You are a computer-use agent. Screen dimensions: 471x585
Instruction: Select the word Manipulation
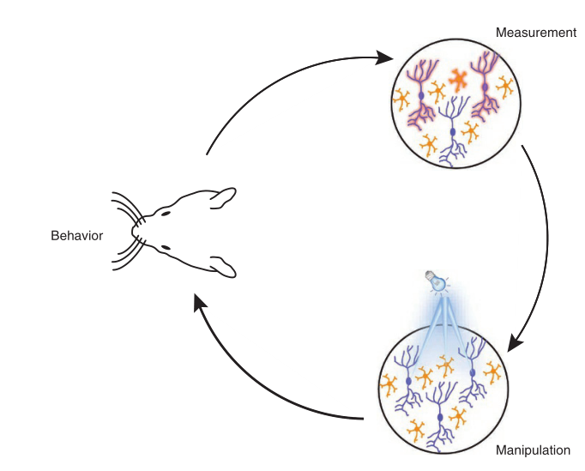[533, 450]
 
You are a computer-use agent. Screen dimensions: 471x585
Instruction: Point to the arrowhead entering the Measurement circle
[387, 58]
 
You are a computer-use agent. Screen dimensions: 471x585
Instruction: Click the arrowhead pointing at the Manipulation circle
[516, 342]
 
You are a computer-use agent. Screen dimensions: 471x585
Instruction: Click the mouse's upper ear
[221, 198]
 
